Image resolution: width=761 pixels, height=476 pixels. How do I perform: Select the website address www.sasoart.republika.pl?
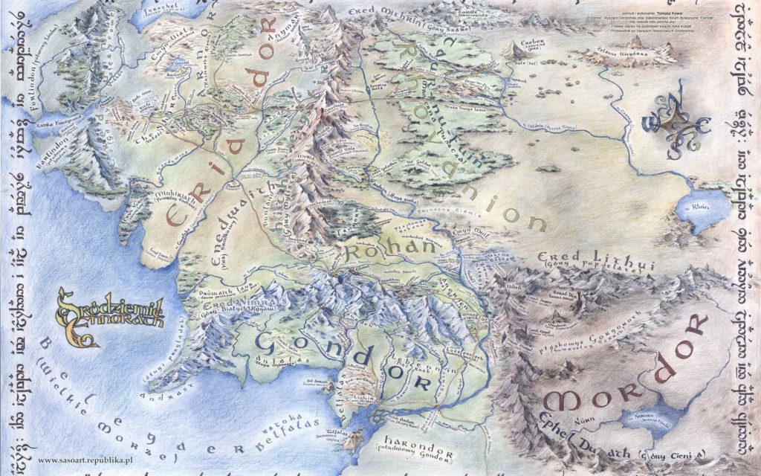[x=81, y=460]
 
